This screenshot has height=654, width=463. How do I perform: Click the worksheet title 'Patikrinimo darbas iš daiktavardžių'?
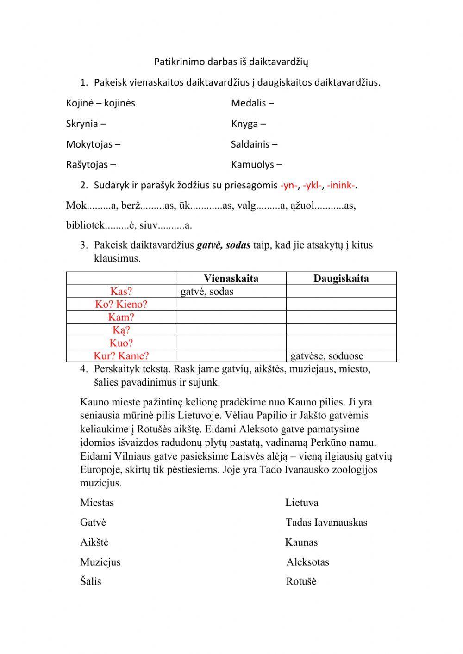pyautogui.click(x=231, y=62)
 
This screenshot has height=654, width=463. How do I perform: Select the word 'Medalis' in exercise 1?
pyautogui.click(x=249, y=103)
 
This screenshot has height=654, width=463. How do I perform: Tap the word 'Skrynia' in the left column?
pyautogui.click(x=82, y=124)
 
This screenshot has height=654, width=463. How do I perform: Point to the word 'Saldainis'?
pyautogui.click(x=250, y=144)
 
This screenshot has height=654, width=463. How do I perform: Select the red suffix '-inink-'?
pyautogui.click(x=341, y=186)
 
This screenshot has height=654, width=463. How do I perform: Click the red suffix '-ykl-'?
pyautogui.click(x=313, y=186)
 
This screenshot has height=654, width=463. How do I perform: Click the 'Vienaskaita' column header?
pyautogui.click(x=231, y=278)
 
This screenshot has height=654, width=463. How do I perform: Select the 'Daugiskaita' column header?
pyautogui.click(x=341, y=278)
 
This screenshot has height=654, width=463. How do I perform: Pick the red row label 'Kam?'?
pyautogui.click(x=121, y=317)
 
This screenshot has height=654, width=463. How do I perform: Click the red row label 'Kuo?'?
pyautogui.click(x=121, y=343)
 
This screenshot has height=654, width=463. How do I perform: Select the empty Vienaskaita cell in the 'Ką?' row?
pyautogui.click(x=231, y=330)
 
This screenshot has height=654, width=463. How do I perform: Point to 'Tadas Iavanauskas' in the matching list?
pyautogui.click(x=326, y=523)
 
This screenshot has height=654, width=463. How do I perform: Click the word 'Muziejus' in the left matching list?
pyautogui.click(x=100, y=562)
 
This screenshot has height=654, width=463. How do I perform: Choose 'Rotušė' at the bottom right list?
pyautogui.click(x=301, y=582)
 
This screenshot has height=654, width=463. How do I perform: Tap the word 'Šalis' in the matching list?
pyautogui.click(x=90, y=582)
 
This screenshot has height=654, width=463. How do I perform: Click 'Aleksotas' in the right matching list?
pyautogui.click(x=307, y=562)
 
